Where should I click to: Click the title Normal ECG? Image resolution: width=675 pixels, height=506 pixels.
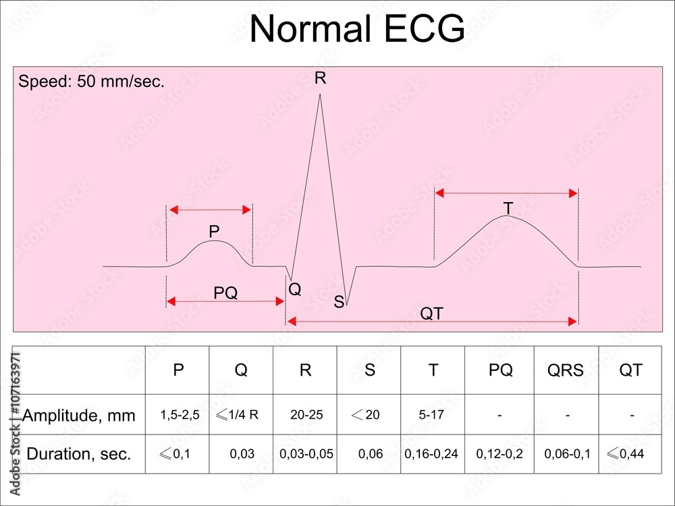pyautogui.click(x=357, y=30)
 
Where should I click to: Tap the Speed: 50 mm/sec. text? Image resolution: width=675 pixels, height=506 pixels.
pyautogui.click(x=91, y=82)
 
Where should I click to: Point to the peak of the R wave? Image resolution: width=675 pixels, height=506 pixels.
pyautogui.click(x=320, y=95)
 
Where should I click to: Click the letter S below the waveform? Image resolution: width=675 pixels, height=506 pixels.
pyautogui.click(x=339, y=302)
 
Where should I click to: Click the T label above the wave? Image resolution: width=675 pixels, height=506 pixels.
pyautogui.click(x=508, y=209)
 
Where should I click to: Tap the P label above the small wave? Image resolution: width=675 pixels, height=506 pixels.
pyautogui.click(x=214, y=232)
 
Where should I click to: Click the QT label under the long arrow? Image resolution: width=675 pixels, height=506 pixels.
pyautogui.click(x=432, y=313)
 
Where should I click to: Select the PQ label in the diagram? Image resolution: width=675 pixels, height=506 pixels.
pyautogui.click(x=225, y=293)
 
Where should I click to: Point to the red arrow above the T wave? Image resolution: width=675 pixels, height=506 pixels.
pyautogui.click(x=506, y=193)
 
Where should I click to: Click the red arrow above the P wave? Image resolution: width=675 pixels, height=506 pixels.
pyautogui.click(x=210, y=210)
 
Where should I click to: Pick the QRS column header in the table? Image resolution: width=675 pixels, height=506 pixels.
pyautogui.click(x=565, y=371)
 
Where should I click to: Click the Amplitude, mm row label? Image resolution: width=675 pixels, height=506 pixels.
pyautogui.click(x=79, y=415)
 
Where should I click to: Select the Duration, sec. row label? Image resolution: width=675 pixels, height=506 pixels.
pyautogui.click(x=79, y=454)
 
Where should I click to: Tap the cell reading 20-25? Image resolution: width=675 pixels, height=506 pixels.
pyautogui.click(x=306, y=415)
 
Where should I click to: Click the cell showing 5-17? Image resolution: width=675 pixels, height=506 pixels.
pyautogui.click(x=431, y=415)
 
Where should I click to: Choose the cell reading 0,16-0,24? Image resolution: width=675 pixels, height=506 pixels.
pyautogui.click(x=431, y=454)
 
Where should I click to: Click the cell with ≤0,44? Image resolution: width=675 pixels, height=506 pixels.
pyautogui.click(x=626, y=454)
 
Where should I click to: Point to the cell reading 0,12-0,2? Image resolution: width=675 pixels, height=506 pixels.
pyautogui.click(x=500, y=454)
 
